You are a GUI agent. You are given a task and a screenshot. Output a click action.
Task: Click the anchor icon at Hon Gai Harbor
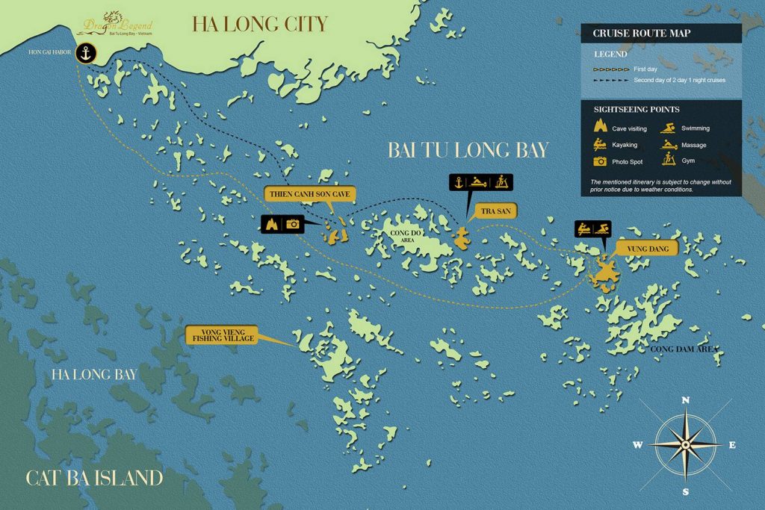[x=87, y=54]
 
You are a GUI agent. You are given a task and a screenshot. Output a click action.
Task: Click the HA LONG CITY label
[x=259, y=24]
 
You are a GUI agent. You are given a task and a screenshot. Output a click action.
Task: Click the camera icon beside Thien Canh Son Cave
[x=293, y=223]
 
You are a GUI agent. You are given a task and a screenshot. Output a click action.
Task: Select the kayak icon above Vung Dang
[x=583, y=227]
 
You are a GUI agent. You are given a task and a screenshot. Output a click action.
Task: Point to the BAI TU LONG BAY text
[x=468, y=150]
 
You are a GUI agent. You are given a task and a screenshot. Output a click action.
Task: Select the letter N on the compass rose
[x=686, y=400]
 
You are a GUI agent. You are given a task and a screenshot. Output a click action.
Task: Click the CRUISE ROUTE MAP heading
[x=631, y=34]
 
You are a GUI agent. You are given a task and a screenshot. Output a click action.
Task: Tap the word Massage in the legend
[x=694, y=145]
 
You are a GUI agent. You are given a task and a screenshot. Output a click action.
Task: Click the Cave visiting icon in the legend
[x=599, y=128]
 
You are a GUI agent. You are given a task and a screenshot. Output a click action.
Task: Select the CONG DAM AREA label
[x=685, y=349]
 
